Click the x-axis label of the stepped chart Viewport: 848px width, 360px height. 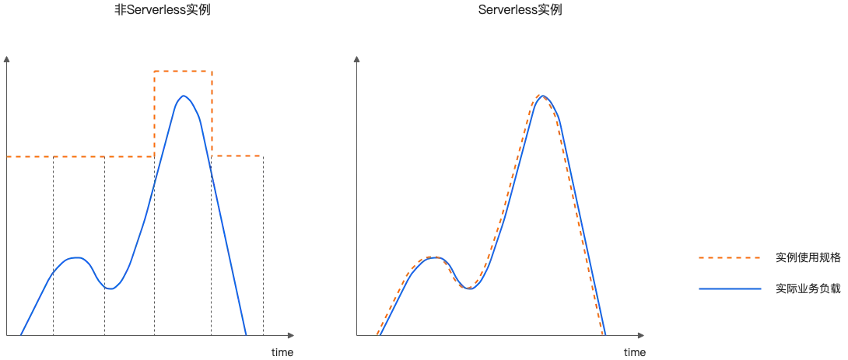[279, 352]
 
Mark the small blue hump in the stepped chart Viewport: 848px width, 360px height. [74, 257]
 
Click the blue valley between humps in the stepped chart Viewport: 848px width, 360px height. [110, 290]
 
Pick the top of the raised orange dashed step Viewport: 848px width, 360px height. [184, 72]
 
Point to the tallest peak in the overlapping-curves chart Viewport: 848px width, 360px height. [543, 96]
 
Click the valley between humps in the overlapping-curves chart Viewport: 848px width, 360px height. [468, 288]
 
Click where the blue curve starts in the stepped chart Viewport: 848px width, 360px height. [21, 333]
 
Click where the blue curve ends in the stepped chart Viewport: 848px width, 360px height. [247, 333]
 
